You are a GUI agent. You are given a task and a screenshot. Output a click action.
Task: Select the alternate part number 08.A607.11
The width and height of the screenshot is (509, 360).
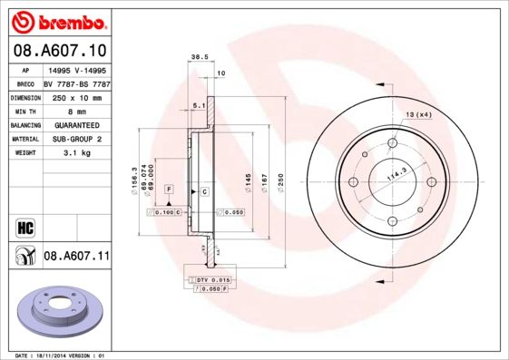(x=76, y=257)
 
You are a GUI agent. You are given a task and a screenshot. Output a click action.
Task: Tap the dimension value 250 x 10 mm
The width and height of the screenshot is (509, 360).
(x=76, y=97)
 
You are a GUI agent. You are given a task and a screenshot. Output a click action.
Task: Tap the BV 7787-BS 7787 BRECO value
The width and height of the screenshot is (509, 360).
(x=76, y=83)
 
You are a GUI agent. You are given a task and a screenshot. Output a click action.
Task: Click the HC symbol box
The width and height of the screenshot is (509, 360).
(x=24, y=226)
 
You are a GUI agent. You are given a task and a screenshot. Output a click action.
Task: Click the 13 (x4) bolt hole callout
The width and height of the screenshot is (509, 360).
(x=418, y=114)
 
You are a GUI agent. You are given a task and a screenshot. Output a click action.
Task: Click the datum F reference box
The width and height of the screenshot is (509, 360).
(x=168, y=188)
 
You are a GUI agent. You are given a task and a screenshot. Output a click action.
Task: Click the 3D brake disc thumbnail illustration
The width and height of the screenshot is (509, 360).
(x=60, y=310)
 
